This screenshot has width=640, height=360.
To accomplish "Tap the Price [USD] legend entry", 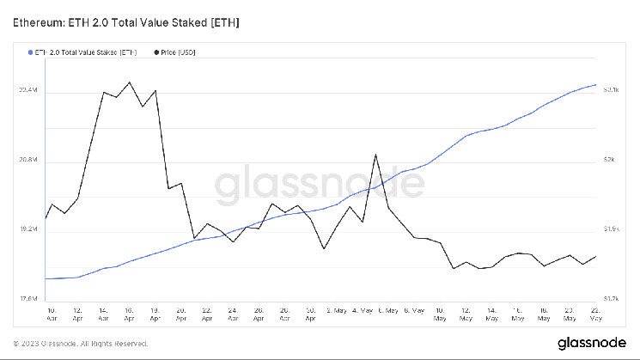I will [x=179, y=52].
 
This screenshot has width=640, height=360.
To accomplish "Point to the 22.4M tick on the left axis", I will [x=28, y=90].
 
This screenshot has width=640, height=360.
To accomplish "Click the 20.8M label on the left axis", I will [x=28, y=161].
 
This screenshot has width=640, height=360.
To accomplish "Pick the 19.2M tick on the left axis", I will [x=28, y=229].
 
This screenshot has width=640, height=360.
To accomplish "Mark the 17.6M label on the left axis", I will [x=28, y=299].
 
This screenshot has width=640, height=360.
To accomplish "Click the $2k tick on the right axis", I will [x=608, y=161].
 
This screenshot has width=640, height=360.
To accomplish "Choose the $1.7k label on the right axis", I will [x=611, y=299].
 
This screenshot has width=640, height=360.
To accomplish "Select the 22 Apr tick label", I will [x=207, y=313].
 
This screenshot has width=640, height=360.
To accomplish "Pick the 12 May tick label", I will [x=466, y=313].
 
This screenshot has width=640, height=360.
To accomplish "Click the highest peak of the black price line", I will [x=129, y=82].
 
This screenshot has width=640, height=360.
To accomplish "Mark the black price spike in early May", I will [x=376, y=155].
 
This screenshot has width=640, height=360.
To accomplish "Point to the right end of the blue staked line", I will [x=596, y=85].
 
